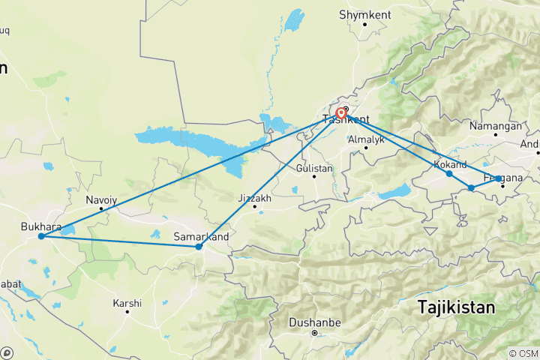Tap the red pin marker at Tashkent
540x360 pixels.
pos(341,114)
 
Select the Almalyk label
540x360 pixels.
pos(366,139)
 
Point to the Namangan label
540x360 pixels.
pos(495,126)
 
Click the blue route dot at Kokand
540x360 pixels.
pos(449,174)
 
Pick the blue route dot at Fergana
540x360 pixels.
pos(499,178)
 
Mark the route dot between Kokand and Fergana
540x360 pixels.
pos(471,187)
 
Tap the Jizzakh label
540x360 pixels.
pos(253,198)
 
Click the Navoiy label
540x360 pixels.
pos(101,199)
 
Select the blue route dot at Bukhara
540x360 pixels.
pos(41,236)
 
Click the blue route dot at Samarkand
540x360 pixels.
pos(199,247)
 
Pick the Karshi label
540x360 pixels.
pos(127,304)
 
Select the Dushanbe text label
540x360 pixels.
pos(314,323)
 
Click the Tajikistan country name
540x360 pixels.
pos(456,307)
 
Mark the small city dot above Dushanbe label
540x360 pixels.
pos(315,332)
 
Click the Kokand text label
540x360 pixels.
pos(450,164)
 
